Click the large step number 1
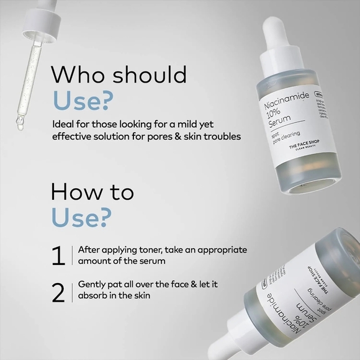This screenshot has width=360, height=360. (x=58, y=256)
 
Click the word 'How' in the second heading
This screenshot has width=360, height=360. (x=74, y=192)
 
